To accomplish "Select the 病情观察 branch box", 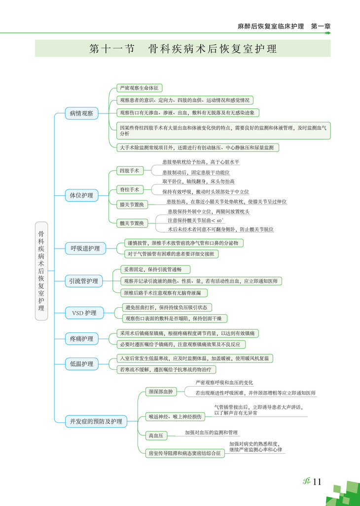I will coord(81,113).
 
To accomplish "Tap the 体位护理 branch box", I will coord(81,195).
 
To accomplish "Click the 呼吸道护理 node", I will coord(85,248).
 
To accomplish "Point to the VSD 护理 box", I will coord(84,313).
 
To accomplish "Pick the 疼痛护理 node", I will coord(81,339).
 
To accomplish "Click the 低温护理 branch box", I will coord(81,364).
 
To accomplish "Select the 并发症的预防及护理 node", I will coord(96,421).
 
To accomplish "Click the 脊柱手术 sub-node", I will coord(129,189).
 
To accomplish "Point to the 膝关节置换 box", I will coord(132,204).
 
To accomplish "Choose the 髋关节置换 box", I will coord(132,223).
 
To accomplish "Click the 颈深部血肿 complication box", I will coord(161,392).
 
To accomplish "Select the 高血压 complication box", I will coord(157,435).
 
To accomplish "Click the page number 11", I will coord(317,482).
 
